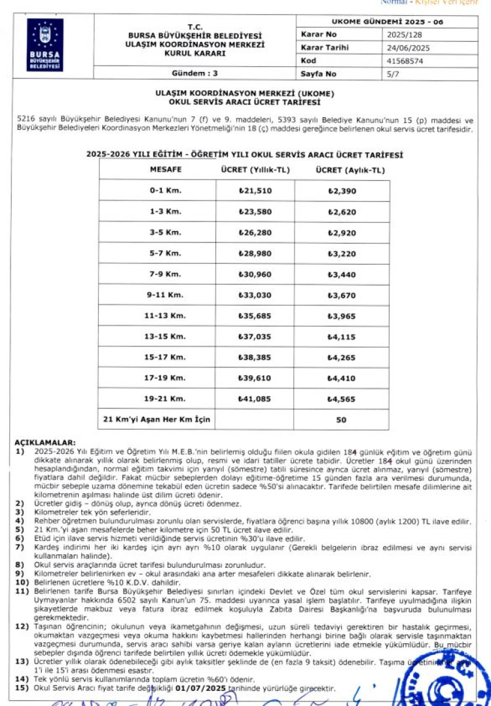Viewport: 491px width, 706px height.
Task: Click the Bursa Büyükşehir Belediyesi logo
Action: pos(45,45)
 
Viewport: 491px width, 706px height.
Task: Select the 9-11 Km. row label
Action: pos(165,295)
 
